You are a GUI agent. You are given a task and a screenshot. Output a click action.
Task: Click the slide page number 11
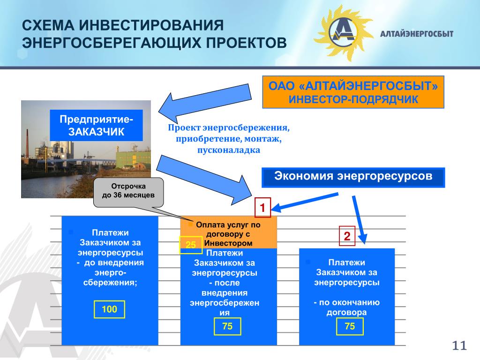460,346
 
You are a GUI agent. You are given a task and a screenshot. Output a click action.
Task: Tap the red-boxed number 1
263,207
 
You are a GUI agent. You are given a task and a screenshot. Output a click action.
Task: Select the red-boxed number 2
347,237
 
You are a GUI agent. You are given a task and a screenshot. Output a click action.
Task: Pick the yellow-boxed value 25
190,245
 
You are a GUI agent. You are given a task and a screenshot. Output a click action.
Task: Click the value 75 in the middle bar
227,326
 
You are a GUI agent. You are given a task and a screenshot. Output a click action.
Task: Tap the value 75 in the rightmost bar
350,326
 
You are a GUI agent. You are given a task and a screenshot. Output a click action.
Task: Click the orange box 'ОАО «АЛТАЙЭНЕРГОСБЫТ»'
352,93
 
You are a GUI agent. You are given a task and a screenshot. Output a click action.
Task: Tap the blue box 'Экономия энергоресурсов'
352,177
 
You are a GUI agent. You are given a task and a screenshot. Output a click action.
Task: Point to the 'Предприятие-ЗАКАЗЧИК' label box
97,125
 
